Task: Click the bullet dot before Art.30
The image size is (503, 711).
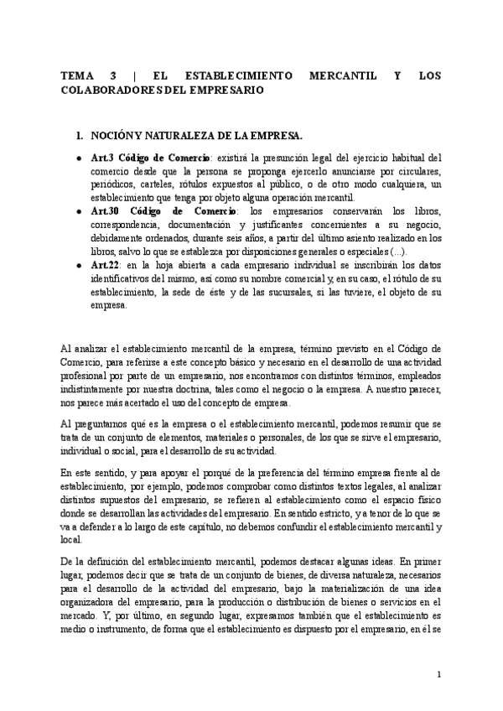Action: pos(79,209)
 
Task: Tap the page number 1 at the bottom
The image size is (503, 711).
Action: pos(439,675)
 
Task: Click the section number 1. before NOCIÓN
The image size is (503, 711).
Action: pos(80,134)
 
